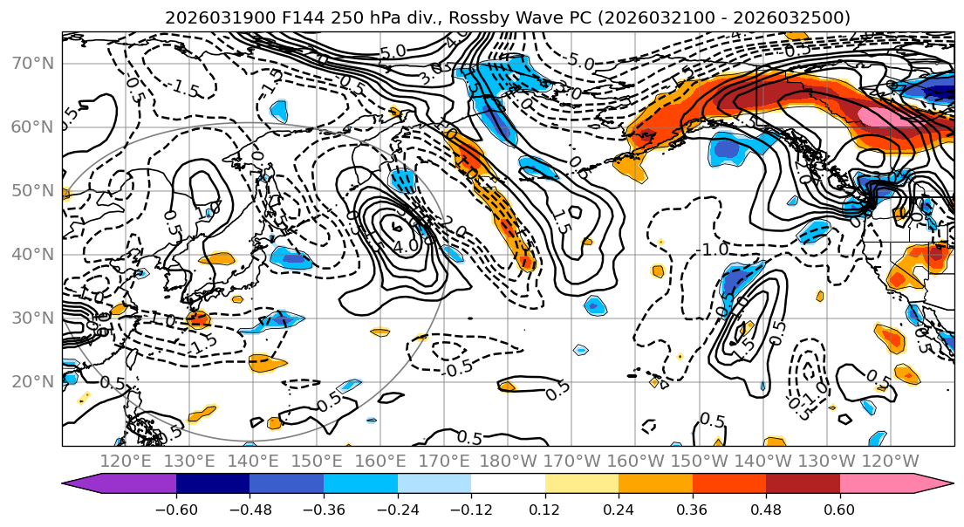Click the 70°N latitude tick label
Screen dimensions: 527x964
point(31,64)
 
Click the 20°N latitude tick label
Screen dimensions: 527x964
point(31,381)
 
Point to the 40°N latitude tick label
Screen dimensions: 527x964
point(31,255)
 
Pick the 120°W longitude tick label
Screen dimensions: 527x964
point(891,461)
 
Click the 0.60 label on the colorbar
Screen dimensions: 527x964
point(839,510)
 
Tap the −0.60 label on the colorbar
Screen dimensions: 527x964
point(175,510)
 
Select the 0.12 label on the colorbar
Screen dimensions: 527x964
point(544,510)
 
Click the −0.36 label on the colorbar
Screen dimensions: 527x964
point(323,510)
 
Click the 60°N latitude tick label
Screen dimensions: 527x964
point(31,127)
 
